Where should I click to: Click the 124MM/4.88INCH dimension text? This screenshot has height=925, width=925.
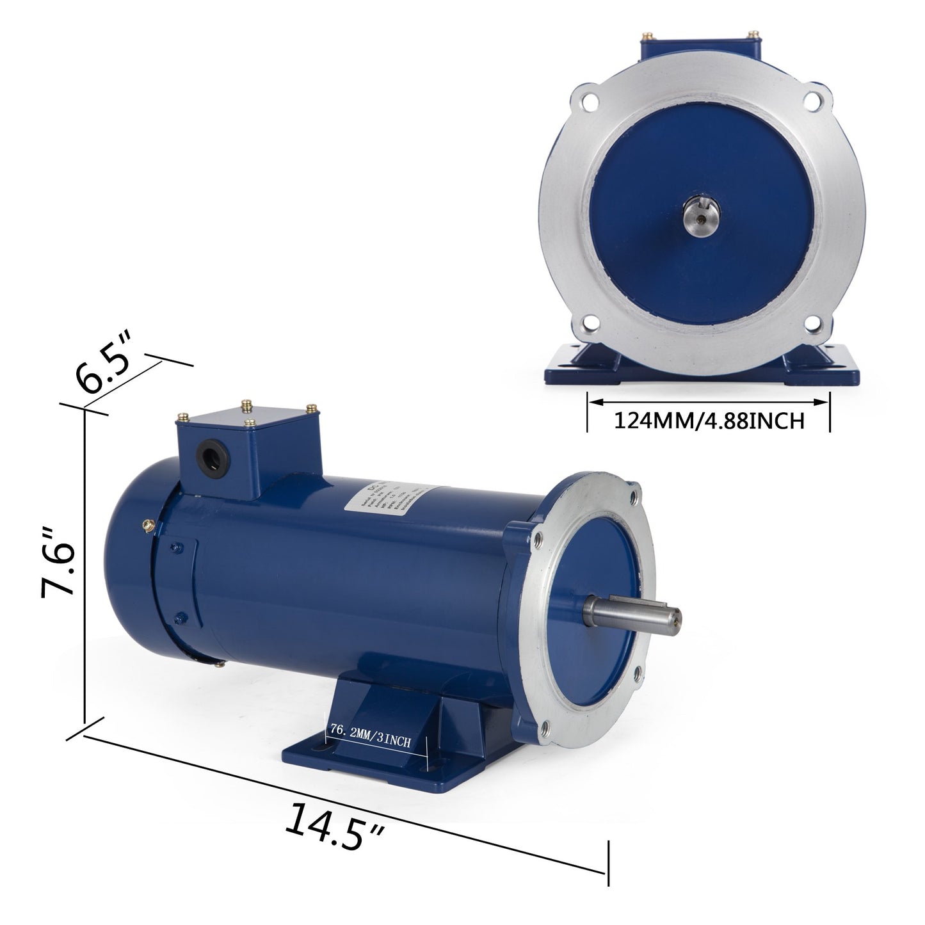click(x=709, y=421)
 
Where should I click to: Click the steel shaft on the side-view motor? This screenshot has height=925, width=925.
click(x=631, y=617)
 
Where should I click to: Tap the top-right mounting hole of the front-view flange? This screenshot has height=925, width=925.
click(x=813, y=102)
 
